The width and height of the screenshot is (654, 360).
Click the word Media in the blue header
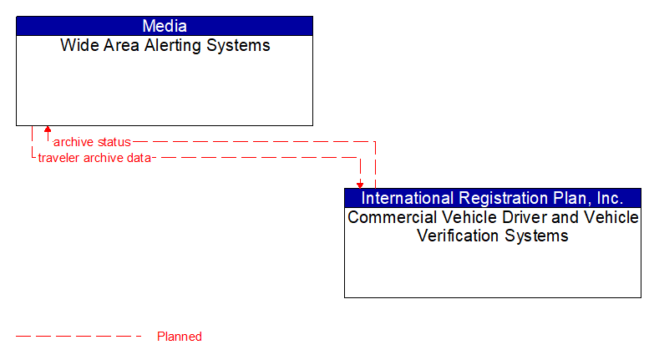(165, 26)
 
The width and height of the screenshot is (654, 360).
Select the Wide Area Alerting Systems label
(165, 46)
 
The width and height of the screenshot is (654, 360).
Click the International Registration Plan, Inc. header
(492, 198)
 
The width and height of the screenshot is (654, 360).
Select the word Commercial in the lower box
(387, 218)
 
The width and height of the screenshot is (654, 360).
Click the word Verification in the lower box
(463, 236)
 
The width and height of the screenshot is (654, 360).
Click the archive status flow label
(92, 142)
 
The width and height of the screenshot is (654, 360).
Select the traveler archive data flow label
(94, 157)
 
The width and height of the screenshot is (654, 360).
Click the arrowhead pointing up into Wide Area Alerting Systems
(48, 130)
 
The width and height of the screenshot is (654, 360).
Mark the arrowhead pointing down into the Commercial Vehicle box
(360, 184)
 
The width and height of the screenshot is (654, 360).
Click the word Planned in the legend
(180, 337)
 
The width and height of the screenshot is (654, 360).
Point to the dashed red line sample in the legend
(79, 337)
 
